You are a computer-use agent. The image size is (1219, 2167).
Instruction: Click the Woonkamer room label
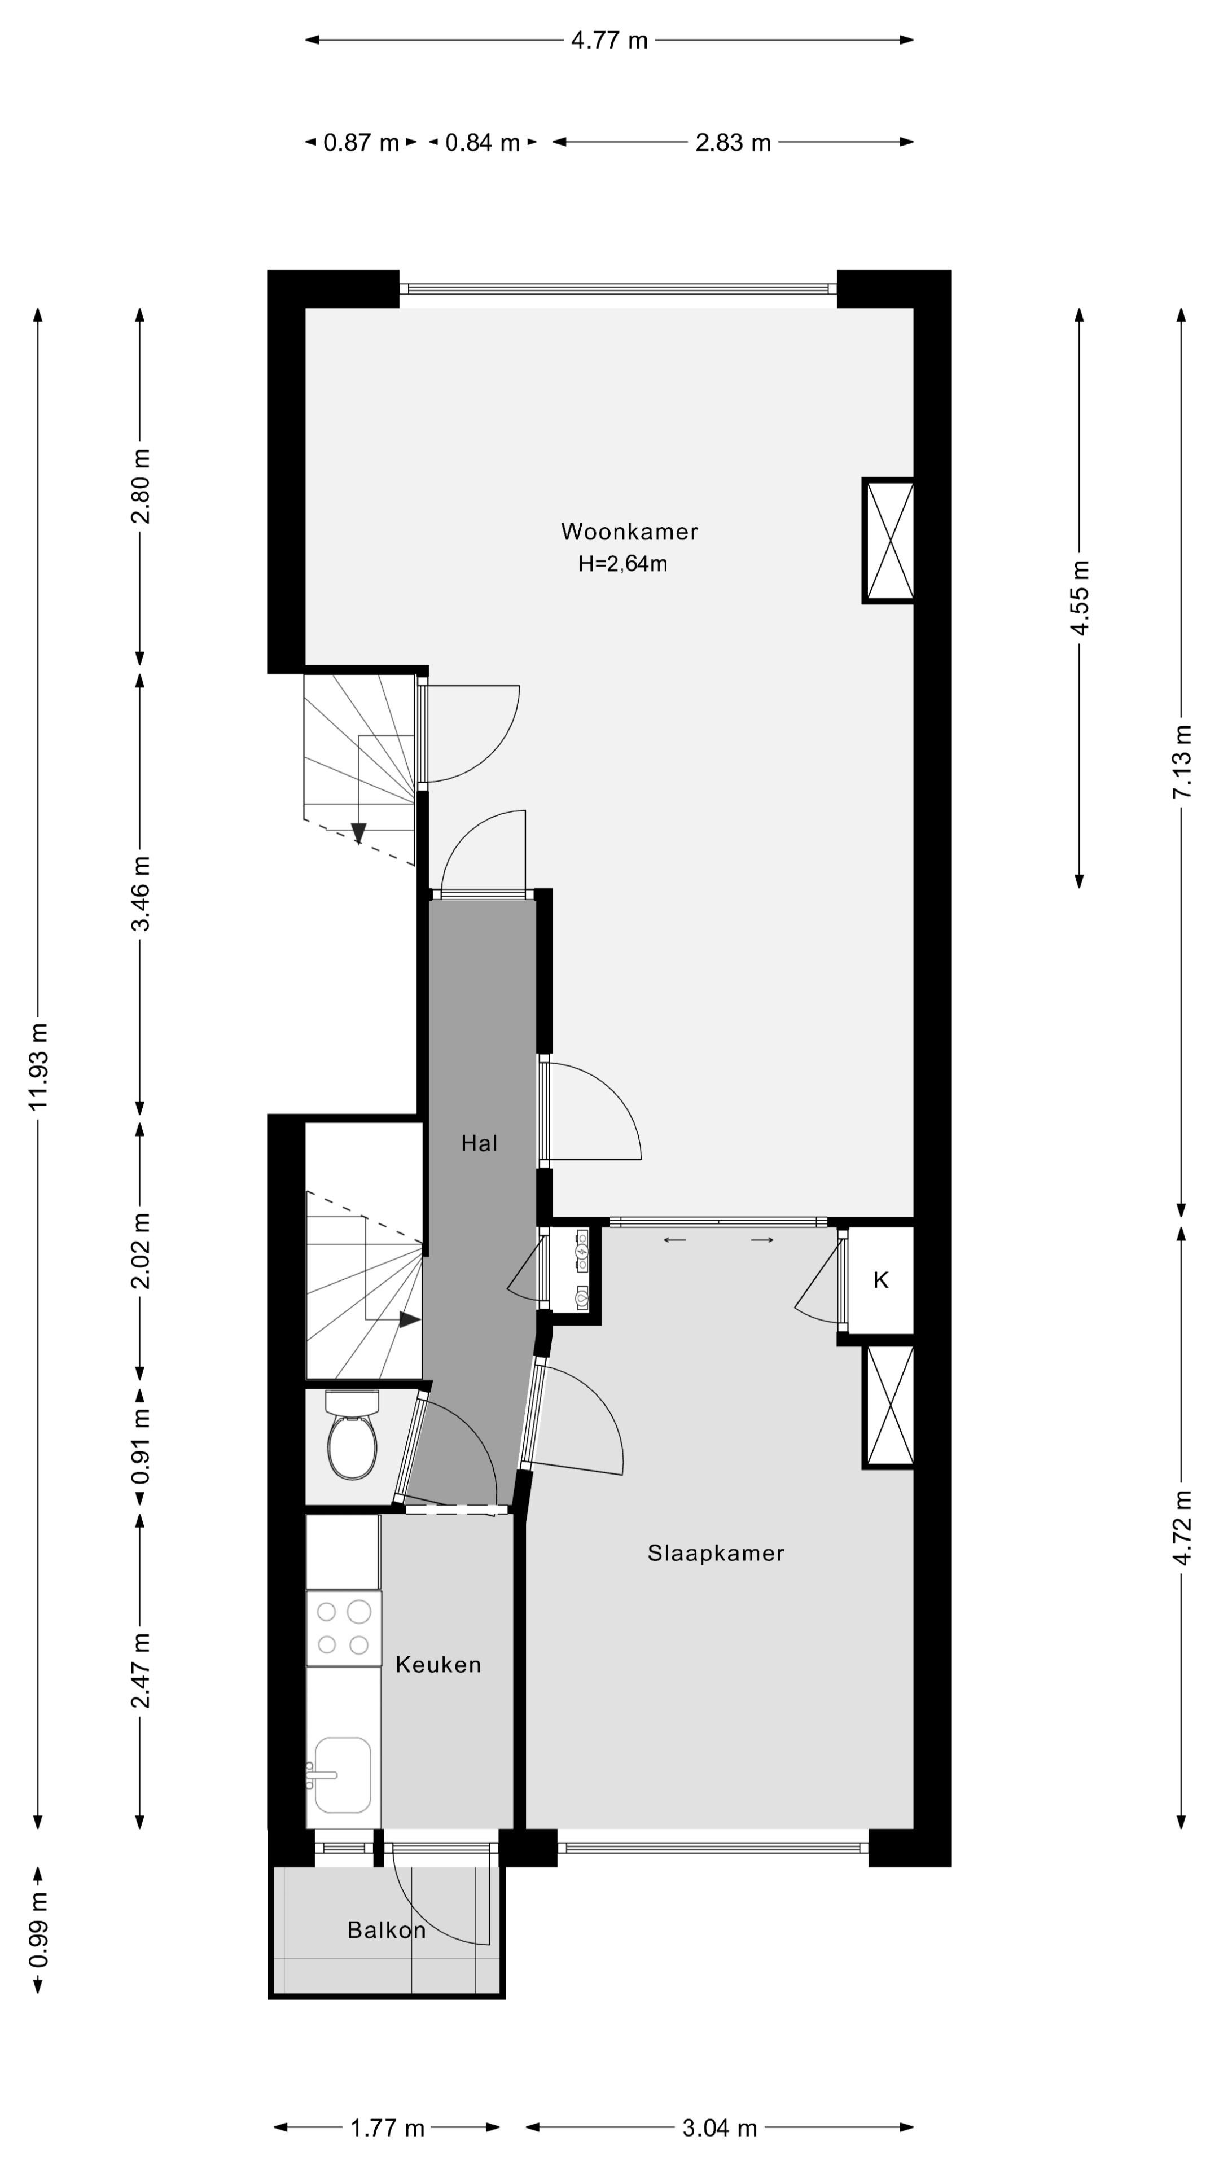tap(629, 531)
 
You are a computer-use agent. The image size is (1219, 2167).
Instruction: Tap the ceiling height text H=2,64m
tap(622, 564)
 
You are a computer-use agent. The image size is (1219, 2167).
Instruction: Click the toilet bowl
tap(352, 1447)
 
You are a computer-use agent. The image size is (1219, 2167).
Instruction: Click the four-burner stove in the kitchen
tap(343, 1627)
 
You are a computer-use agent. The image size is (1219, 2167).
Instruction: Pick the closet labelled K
tap(880, 1279)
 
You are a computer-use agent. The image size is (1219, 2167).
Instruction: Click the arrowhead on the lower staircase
tap(410, 1320)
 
